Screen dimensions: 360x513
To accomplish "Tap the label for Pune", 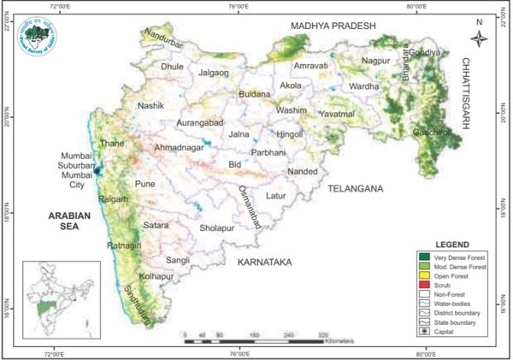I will coord(145,184).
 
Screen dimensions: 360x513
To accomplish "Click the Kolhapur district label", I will coord(159,277).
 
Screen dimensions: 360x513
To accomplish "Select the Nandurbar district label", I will coord(165,35).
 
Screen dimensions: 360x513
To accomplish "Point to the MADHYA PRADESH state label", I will coord(333,26).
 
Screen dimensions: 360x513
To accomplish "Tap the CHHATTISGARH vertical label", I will coord(467,94).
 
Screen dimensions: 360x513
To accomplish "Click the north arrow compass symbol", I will coord(480,37).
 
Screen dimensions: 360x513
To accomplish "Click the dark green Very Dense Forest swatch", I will coord(423,257).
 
